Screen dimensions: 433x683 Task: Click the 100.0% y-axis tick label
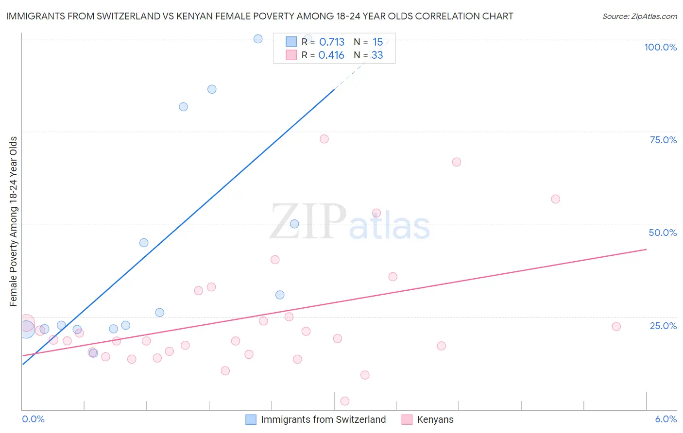[x=660, y=47]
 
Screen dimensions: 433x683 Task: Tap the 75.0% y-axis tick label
[x=663, y=140]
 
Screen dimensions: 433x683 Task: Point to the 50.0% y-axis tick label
[x=663, y=233]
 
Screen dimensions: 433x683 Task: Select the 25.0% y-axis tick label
[x=663, y=326]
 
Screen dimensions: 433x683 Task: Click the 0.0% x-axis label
[x=33, y=419]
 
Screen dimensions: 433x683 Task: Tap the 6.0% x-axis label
[x=666, y=419]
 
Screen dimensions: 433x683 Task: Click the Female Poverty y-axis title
[x=14, y=221]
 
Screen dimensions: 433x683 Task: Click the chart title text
[x=259, y=16]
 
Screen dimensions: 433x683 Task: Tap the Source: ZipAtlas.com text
[x=639, y=17]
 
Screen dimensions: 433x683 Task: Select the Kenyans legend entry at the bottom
[x=435, y=419]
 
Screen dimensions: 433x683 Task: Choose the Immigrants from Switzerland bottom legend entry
[x=323, y=419]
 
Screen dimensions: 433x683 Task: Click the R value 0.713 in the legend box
[x=332, y=42]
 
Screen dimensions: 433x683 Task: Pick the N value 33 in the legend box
[x=377, y=55]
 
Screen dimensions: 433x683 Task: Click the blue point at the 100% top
[x=258, y=39]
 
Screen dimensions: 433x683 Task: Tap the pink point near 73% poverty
[x=324, y=139]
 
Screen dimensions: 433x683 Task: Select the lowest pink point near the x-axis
[x=345, y=401]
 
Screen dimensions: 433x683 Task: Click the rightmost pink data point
[x=616, y=326]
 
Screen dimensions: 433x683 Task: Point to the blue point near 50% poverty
[x=294, y=224]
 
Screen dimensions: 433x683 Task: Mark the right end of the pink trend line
[x=646, y=249]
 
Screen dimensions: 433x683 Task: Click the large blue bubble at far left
[x=27, y=329]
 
